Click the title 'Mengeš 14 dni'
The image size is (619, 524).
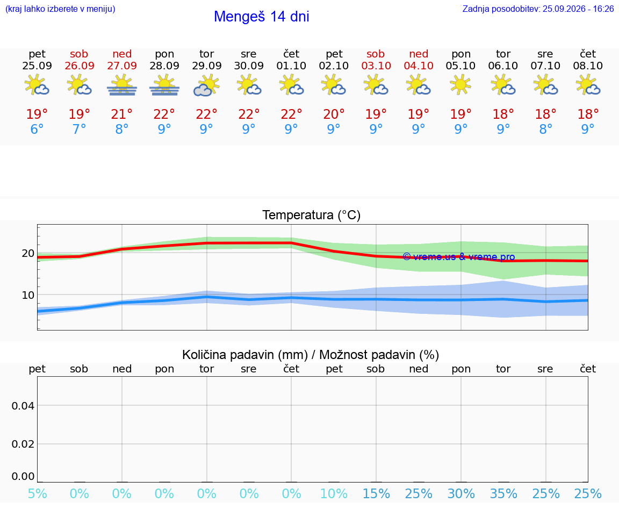(x=261, y=17)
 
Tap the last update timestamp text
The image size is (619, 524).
(x=538, y=9)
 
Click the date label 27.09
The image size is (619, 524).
(x=122, y=66)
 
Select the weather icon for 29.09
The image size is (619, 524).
(x=206, y=85)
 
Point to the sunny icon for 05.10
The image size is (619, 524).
(x=460, y=84)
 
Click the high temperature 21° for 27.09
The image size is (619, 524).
(x=121, y=114)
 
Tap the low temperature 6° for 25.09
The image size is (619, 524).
(x=37, y=129)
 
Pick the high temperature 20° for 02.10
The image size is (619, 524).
(x=334, y=114)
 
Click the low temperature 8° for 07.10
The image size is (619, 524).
(x=545, y=129)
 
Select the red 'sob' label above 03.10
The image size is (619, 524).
(x=376, y=54)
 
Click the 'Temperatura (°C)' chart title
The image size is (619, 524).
(x=312, y=215)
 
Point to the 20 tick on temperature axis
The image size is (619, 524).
(x=28, y=253)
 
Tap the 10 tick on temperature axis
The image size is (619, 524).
(x=28, y=295)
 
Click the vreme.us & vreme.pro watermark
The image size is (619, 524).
(x=459, y=257)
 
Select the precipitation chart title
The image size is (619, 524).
(x=311, y=355)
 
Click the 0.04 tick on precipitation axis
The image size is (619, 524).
(x=23, y=406)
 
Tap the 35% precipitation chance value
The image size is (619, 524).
(x=503, y=493)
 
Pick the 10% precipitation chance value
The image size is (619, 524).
(x=334, y=493)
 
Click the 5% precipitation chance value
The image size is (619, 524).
(x=37, y=493)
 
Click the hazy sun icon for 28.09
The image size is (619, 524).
(x=164, y=85)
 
